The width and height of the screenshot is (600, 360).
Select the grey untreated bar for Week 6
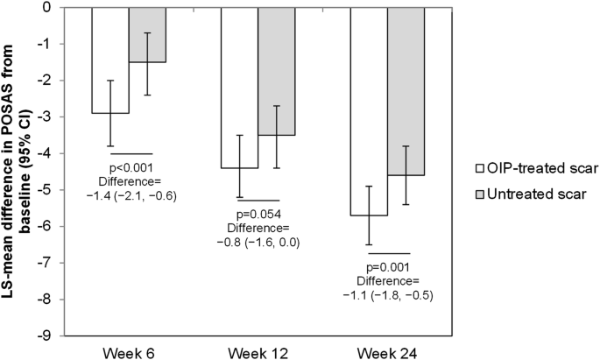pyautogui.click(x=147, y=35)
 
